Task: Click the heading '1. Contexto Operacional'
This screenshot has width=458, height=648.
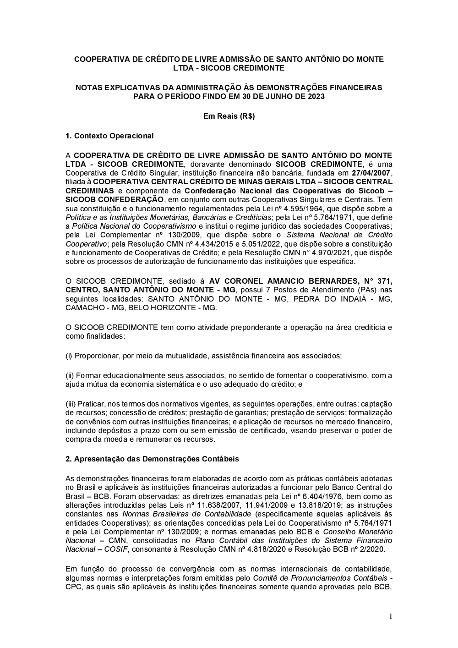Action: pos(109,136)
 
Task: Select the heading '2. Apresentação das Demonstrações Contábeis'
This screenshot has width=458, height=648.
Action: pos(152,459)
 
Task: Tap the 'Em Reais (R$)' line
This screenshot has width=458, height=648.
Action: pos(229,116)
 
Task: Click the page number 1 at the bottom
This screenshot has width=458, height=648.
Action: pos(391,616)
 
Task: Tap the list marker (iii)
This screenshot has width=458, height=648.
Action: pos(71,404)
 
